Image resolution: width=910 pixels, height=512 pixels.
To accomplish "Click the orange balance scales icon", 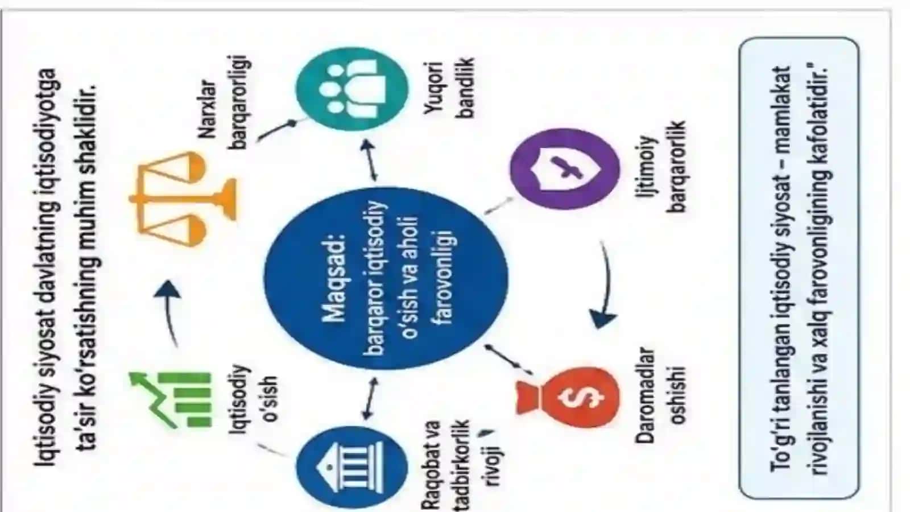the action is [x=183, y=199].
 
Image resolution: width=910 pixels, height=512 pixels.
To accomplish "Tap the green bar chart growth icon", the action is [x=171, y=400].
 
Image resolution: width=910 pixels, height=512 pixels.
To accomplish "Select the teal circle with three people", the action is [x=352, y=89].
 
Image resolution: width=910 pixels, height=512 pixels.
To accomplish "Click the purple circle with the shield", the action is [x=565, y=168].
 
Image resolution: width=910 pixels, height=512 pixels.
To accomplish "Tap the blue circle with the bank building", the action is [x=352, y=467].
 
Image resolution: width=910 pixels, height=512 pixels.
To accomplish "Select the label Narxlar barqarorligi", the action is [x=224, y=102].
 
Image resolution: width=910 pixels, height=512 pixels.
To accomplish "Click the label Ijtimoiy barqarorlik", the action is [x=661, y=167].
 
